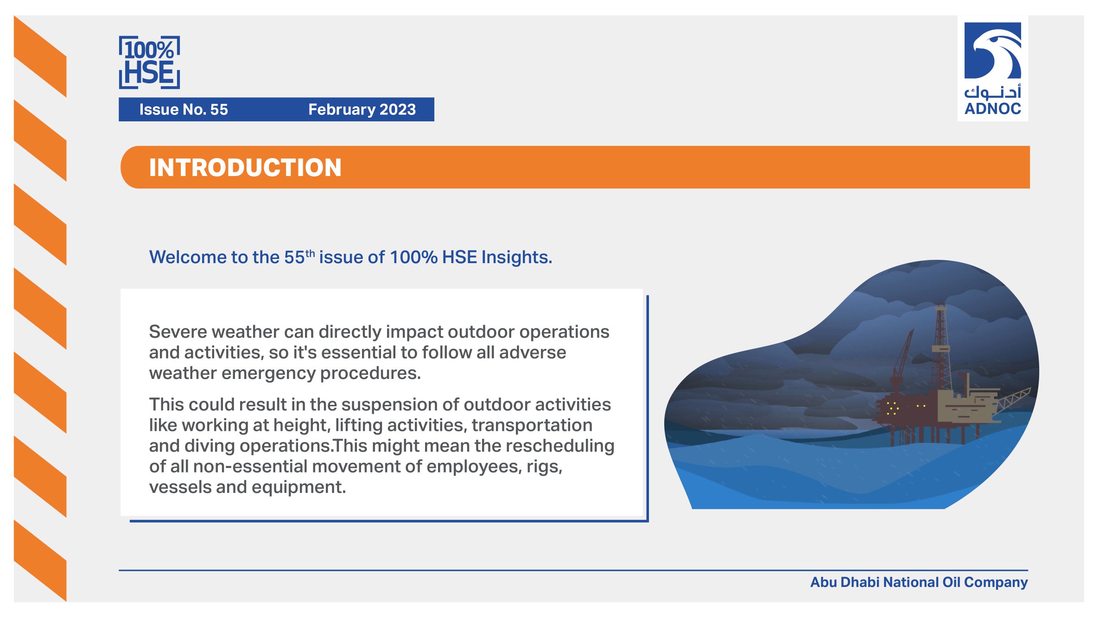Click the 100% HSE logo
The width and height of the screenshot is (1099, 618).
pyautogui.click(x=149, y=63)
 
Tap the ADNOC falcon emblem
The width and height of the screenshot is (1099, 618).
pyautogui.click(x=992, y=50)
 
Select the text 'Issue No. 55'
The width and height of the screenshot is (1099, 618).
pyautogui.click(x=184, y=109)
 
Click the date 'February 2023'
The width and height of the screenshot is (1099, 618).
pyautogui.click(x=362, y=109)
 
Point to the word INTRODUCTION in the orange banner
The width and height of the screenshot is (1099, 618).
pyautogui.click(x=245, y=167)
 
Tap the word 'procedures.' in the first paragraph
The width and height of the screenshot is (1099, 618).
pyautogui.click(x=370, y=373)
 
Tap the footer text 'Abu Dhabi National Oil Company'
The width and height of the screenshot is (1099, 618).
pyautogui.click(x=919, y=582)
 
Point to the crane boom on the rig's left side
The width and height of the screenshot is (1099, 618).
pyautogui.click(x=903, y=357)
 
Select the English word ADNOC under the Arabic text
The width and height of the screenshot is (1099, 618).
pyautogui.click(x=993, y=109)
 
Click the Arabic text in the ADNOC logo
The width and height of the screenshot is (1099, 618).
pyautogui.click(x=993, y=93)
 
